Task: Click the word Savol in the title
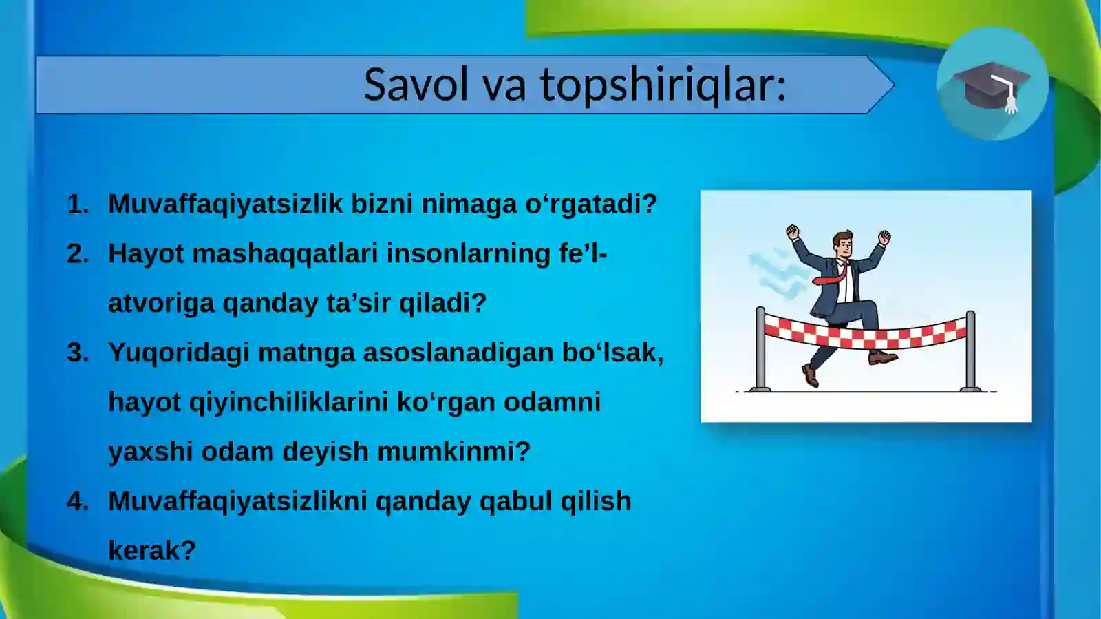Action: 416,84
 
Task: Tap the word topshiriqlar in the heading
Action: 663,85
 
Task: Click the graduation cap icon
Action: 992,85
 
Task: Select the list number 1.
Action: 77,204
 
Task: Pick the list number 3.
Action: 77,353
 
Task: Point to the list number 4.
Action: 77,501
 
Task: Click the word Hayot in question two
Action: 146,254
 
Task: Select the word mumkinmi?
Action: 453,452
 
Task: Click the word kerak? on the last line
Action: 151,551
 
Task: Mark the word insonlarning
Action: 468,254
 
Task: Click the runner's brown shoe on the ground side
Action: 811,376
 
